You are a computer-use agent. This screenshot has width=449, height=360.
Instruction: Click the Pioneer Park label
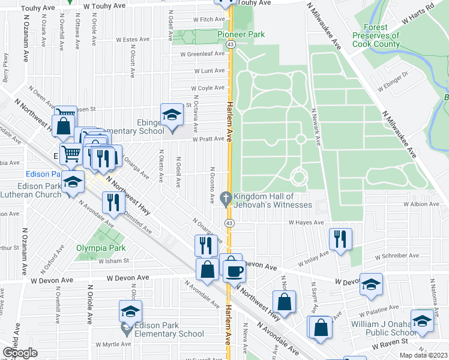[241, 35]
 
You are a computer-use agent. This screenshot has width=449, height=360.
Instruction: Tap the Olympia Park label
[101, 247]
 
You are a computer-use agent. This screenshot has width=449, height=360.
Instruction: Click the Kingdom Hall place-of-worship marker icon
[226, 197]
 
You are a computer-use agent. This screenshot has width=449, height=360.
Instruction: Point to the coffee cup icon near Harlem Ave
[234, 271]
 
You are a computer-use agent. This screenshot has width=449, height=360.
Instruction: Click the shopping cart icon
[70, 154]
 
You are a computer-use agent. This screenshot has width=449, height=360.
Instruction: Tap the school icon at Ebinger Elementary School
[171, 115]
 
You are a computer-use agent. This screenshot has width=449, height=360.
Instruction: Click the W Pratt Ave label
[208, 139]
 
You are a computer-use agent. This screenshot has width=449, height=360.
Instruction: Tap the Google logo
[20, 353]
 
